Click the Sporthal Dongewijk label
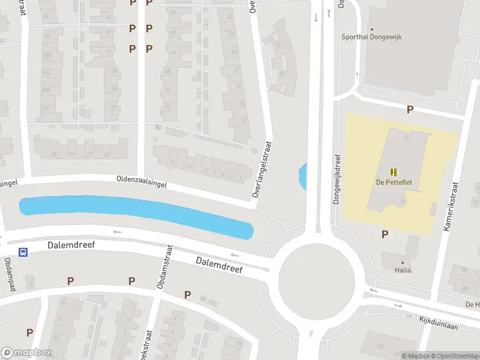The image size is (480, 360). (x=371, y=37)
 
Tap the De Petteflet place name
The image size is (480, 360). (x=394, y=182)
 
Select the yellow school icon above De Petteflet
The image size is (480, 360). (x=394, y=172)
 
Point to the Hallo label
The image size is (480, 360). (x=403, y=270)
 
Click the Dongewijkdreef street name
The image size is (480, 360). (x=336, y=175)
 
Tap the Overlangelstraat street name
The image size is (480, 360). (x=262, y=170)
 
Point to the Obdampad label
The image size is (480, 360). (x=9, y=271)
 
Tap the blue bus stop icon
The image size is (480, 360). (x=23, y=252)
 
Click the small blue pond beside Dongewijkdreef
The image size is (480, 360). (x=303, y=176)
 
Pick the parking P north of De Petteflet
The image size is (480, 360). (x=410, y=109)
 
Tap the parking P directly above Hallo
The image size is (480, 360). (x=385, y=234)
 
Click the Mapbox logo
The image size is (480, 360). (x=25, y=353)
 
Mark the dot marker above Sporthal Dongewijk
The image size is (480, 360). (x=372, y=29)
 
